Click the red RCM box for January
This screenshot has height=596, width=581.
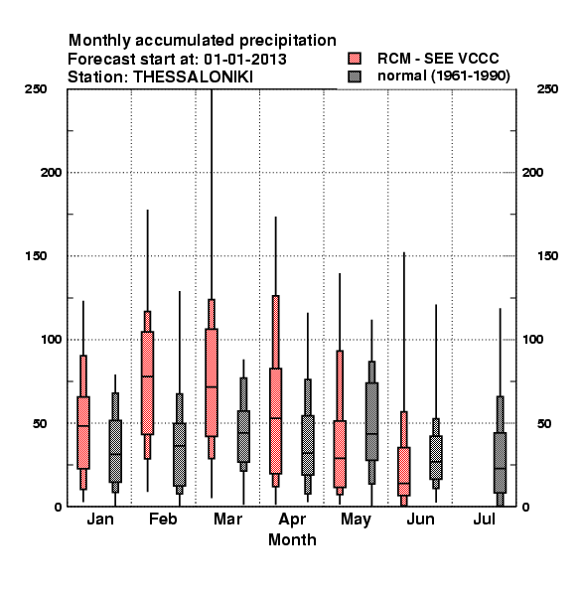pyautogui.click(x=83, y=432)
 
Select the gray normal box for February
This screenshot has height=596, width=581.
pyautogui.click(x=180, y=454)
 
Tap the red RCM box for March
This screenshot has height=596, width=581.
pyautogui.click(x=212, y=382)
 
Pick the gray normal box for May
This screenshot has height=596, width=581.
pyautogui.click(x=371, y=421)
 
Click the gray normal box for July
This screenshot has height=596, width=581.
pyautogui.click(x=501, y=463)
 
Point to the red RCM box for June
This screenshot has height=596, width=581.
pyautogui.click(x=404, y=471)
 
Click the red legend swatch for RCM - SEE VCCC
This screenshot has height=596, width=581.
pyautogui.click(x=355, y=59)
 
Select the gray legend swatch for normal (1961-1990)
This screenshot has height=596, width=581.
pyautogui.click(x=355, y=76)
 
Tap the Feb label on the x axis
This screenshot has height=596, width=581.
pyautogui.click(x=163, y=519)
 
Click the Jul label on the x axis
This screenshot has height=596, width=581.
pyautogui.click(x=484, y=519)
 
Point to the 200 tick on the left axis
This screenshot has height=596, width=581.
pyautogui.click(x=51, y=173)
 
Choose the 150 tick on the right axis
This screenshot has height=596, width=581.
pyautogui.click(x=547, y=256)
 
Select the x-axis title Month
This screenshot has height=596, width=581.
pyautogui.click(x=292, y=539)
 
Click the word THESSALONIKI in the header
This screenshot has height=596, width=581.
pyautogui.click(x=193, y=77)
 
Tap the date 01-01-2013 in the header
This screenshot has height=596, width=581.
pyautogui.click(x=245, y=60)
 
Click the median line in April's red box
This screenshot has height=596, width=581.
pyautogui.click(x=276, y=418)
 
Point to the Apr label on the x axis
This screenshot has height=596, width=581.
pyautogui.click(x=292, y=520)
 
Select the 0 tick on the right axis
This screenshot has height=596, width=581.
pyautogui.click(x=526, y=507)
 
